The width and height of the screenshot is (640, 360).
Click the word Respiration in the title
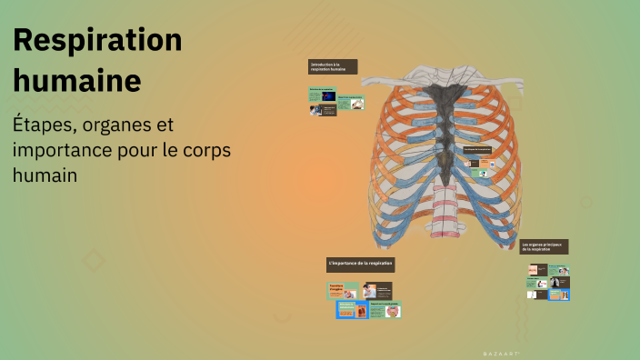coord(97,41)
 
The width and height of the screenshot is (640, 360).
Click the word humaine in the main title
coord(77,80)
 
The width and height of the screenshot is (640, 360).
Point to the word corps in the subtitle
coord(204,149)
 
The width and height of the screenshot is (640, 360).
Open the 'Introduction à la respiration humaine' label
coord(332,66)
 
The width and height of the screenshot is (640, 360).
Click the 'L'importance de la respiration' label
coord(360,264)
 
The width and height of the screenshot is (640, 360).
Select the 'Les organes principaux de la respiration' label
coord(544,246)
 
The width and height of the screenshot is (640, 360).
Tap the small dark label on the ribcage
coord(477,149)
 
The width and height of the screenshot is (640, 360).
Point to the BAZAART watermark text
coord(500,351)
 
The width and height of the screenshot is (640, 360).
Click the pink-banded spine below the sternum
coord(445,222)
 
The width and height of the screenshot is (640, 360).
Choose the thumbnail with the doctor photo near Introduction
coord(316,110)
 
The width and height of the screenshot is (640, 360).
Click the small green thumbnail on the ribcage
coord(484,173)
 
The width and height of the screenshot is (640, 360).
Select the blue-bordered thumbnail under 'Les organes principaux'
coord(560,294)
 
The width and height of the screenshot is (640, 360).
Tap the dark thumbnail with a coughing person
coord(536,271)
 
